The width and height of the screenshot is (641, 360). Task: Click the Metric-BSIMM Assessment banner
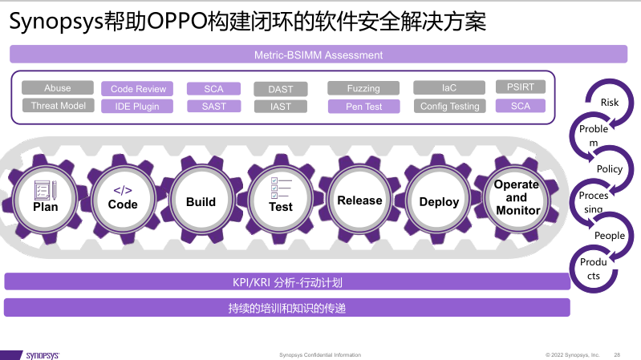point(318,55)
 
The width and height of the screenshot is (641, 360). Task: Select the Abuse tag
point(58,88)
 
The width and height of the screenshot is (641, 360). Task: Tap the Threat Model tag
point(58,105)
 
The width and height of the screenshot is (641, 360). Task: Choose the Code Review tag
point(137,89)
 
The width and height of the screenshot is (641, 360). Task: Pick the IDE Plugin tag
point(137,107)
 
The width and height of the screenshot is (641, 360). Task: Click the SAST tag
point(214,107)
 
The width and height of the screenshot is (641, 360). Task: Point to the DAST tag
point(281,89)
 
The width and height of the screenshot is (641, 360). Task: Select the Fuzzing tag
point(363,88)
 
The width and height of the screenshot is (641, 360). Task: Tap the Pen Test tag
point(364,107)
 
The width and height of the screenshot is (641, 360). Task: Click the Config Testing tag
point(450,106)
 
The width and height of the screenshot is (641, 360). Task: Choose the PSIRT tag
point(521,87)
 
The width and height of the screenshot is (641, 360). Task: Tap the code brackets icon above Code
point(123,190)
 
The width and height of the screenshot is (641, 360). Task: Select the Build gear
point(201,200)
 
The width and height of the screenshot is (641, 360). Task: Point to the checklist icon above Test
point(281,188)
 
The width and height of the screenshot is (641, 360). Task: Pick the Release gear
point(359,200)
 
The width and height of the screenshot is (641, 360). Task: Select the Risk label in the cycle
point(610,102)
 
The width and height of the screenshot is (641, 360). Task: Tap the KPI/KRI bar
point(287,282)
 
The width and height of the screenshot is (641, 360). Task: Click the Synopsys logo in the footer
point(43,355)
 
